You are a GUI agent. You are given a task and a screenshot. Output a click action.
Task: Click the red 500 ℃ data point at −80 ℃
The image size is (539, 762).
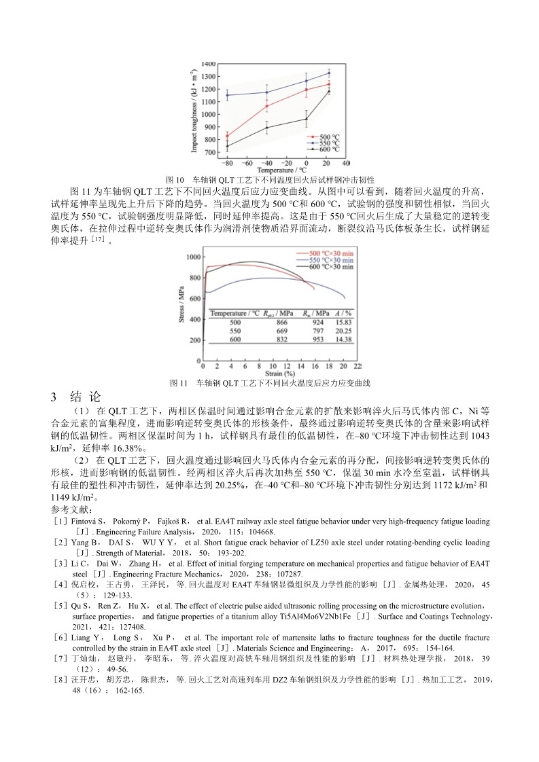pyautogui.click(x=227, y=136)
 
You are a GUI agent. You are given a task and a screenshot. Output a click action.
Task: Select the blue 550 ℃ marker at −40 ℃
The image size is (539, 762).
pyautogui.click(x=266, y=92)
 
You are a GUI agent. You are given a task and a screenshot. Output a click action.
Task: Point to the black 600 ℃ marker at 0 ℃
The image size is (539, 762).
pyautogui.click(x=306, y=119)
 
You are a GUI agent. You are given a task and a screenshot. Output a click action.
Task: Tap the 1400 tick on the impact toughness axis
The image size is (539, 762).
pyautogui.click(x=209, y=62)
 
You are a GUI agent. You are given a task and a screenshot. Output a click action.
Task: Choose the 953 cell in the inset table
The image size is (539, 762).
pyautogui.click(x=317, y=339)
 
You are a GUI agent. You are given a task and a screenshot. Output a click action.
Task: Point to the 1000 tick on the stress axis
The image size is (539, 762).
pyautogui.click(x=194, y=257)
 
